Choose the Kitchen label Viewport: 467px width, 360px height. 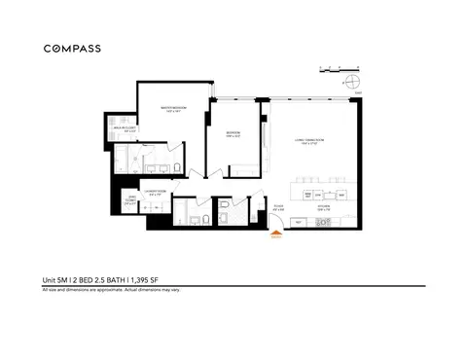319,206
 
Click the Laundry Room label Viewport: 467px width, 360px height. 157,192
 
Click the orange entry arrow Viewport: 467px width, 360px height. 275,236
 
